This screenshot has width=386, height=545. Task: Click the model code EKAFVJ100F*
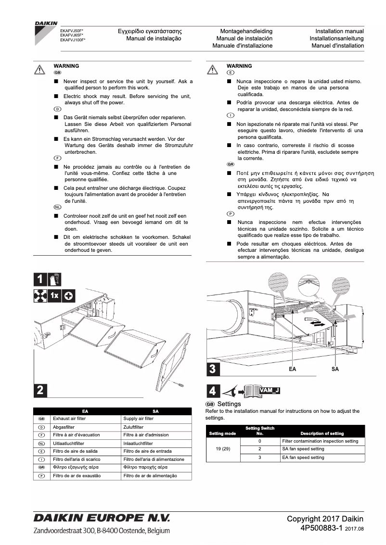[73, 40]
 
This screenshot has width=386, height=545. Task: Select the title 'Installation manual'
[339, 31]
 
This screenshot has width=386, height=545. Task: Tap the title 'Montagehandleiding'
[246, 31]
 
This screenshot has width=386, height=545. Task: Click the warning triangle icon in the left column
[40, 70]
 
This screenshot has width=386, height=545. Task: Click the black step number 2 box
[40, 390]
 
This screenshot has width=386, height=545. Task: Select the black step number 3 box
[214, 368]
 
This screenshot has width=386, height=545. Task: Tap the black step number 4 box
[213, 391]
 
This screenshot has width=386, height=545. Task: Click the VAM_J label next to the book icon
[270, 390]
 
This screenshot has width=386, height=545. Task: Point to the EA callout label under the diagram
[292, 369]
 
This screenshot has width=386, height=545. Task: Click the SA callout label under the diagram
[335, 369]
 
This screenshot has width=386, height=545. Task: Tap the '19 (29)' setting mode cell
[223, 449]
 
